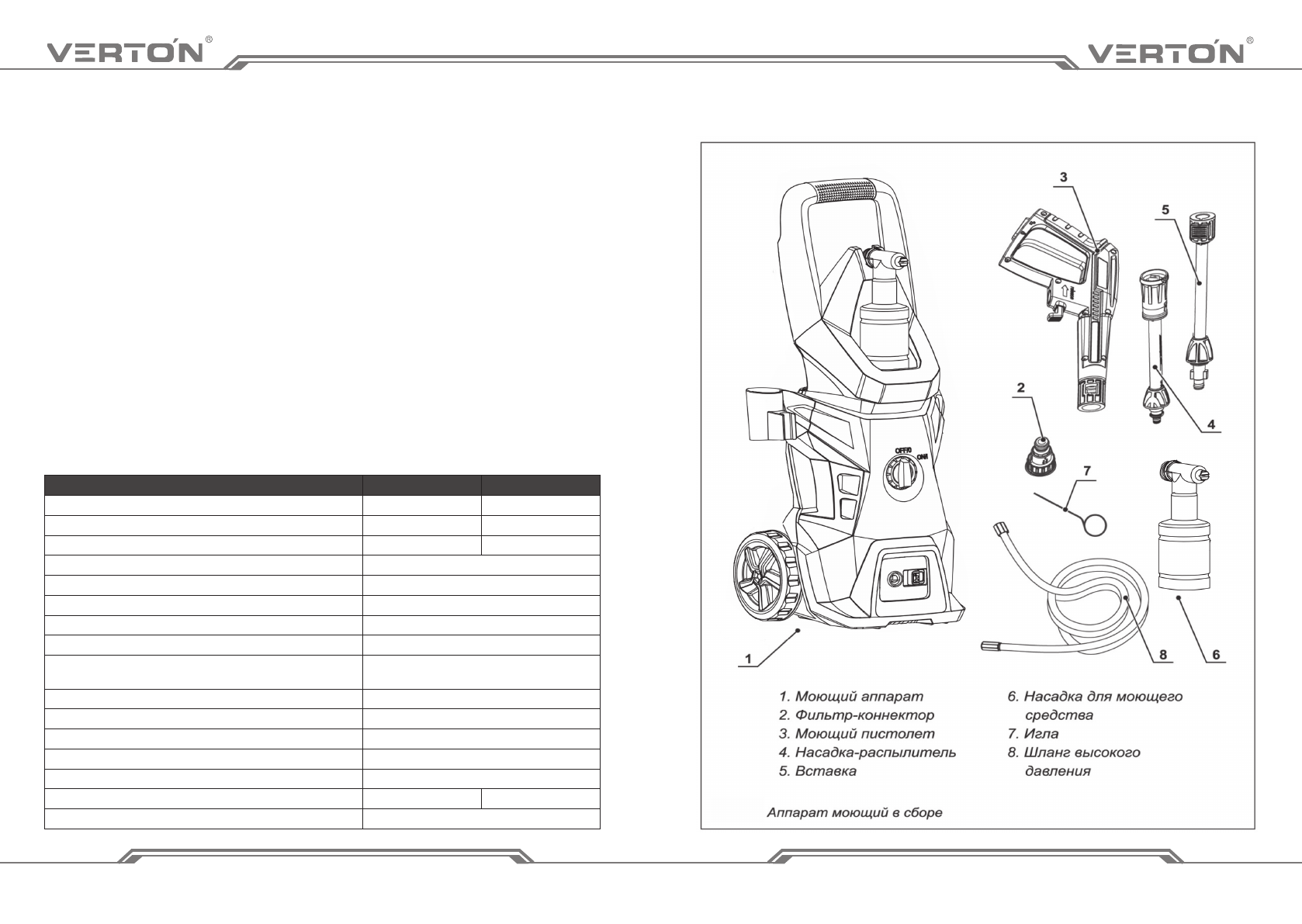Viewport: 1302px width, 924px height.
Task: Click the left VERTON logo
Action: [126, 52]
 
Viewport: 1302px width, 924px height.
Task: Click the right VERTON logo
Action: [1166, 52]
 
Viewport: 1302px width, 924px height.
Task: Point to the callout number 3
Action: [1063, 177]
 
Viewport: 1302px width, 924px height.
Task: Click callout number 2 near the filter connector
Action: [1021, 387]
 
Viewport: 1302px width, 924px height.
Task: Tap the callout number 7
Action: [1087, 470]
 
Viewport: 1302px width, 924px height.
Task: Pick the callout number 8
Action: [1162, 654]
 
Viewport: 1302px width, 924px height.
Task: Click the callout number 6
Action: [1216, 655]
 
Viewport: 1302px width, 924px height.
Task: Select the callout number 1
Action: [748, 659]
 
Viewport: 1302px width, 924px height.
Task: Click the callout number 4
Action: [1210, 424]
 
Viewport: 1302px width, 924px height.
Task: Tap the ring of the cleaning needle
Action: [1095, 524]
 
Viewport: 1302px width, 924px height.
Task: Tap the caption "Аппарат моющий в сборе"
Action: [854, 812]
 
